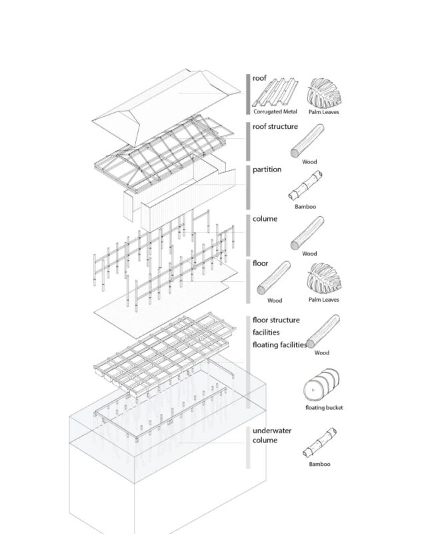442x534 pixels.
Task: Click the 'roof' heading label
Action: tap(259, 78)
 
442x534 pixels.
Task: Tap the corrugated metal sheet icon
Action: tap(275, 93)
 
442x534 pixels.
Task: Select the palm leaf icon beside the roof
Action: tap(324, 93)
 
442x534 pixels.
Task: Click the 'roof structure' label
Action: tap(275, 126)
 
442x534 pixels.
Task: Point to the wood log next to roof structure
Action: tap(307, 141)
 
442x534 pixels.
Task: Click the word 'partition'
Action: tap(267, 170)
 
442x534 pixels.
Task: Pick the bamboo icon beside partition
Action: tap(305, 186)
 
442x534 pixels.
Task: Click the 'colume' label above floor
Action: tap(265, 219)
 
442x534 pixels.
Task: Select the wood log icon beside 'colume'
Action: tap(307, 233)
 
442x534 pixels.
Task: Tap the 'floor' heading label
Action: tap(260, 263)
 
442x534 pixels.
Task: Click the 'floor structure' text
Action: tap(276, 320)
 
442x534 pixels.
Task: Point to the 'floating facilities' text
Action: tap(280, 344)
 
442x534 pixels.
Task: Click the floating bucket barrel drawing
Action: tap(321, 385)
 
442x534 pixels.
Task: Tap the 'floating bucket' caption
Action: tap(324, 408)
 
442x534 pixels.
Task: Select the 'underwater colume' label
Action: tap(271, 435)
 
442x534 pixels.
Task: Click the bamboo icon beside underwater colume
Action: tap(319, 443)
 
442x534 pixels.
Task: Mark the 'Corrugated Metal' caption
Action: tap(275, 111)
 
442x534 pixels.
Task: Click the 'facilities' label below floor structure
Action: tap(266, 332)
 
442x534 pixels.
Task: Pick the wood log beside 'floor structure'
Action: tap(323, 331)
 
